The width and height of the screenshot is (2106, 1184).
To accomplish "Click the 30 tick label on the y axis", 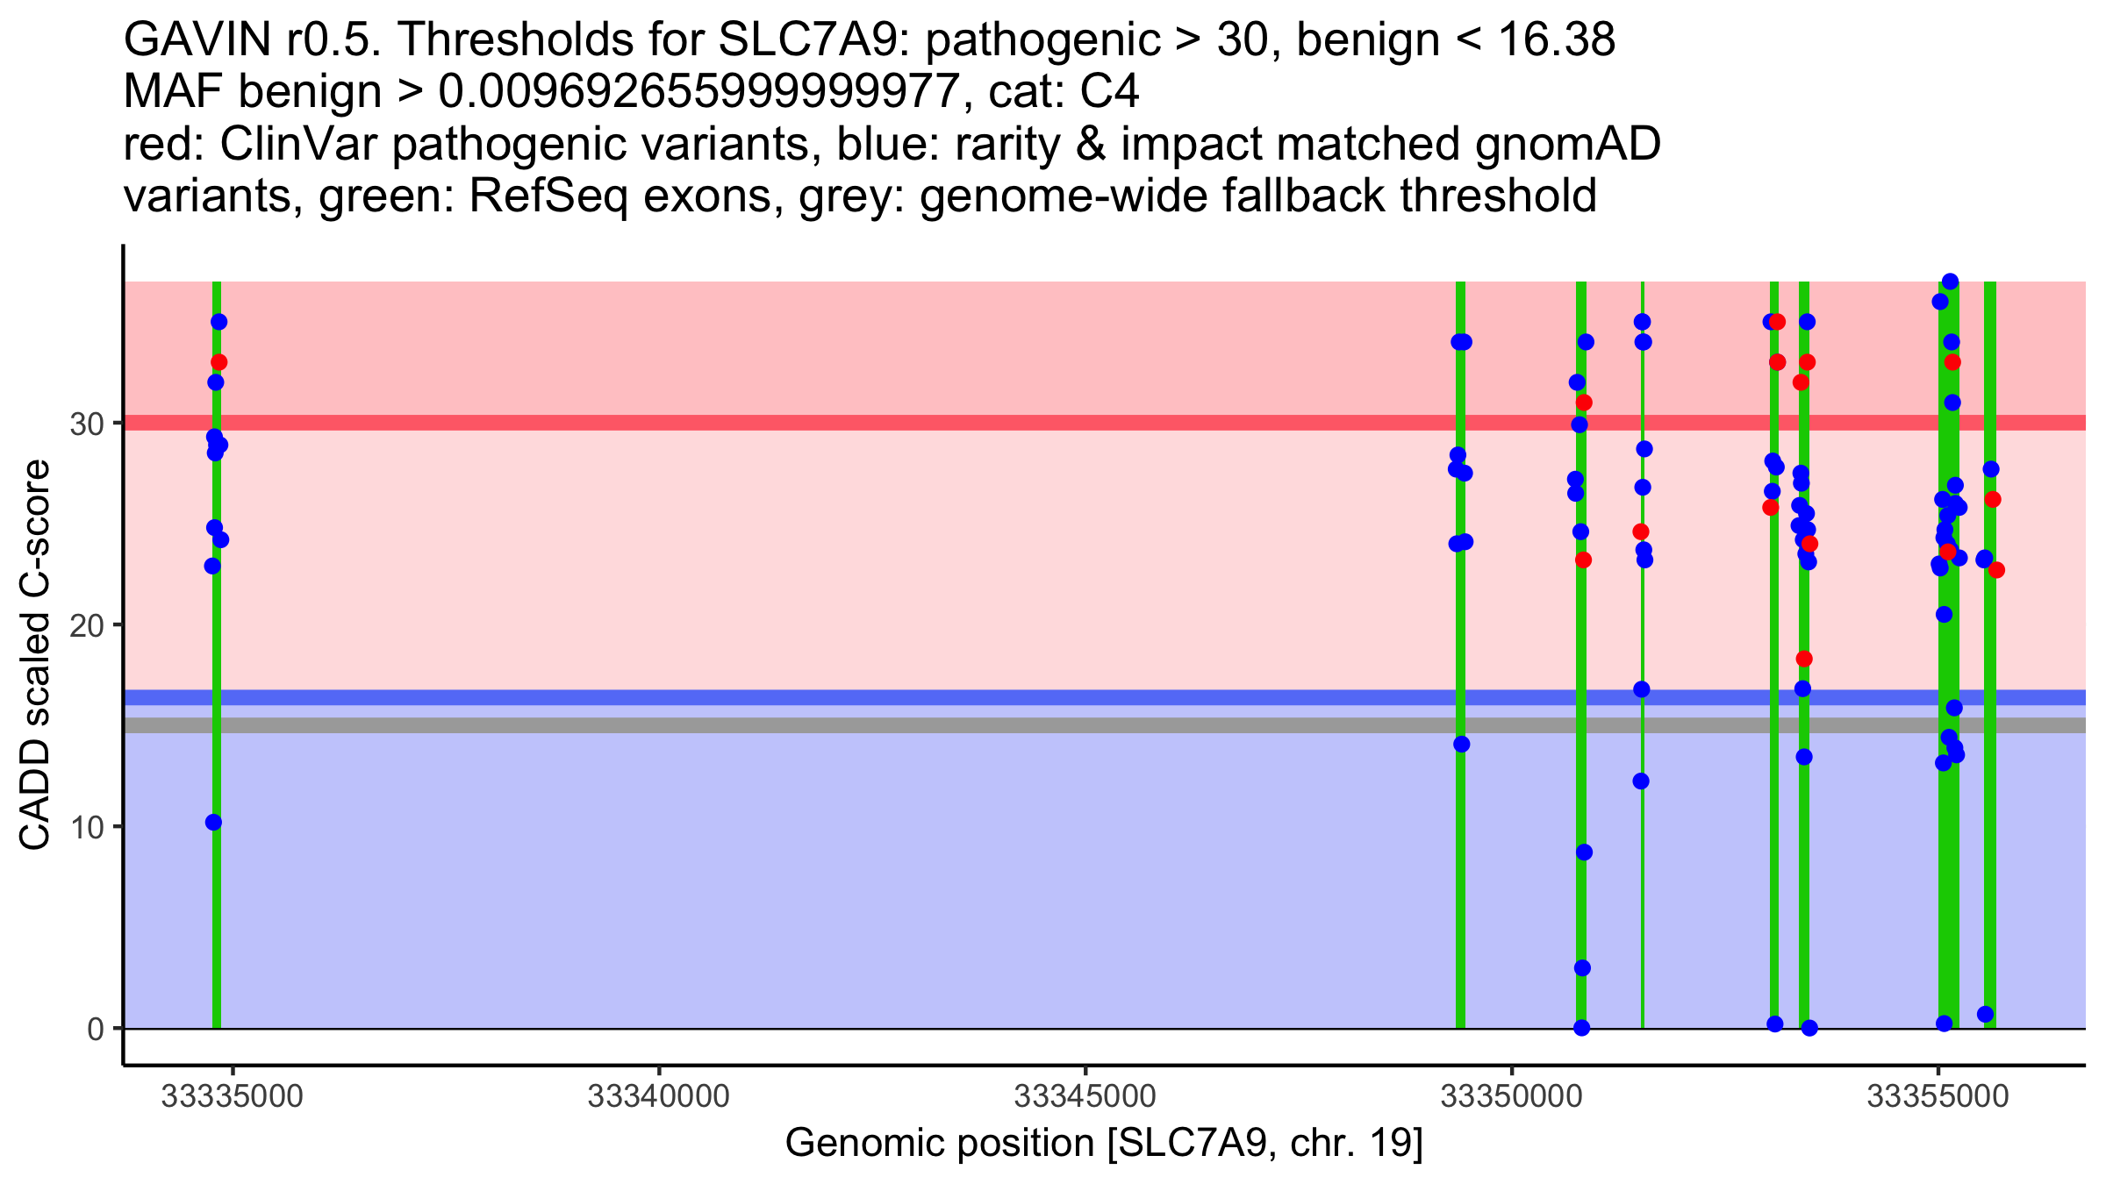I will [86, 424].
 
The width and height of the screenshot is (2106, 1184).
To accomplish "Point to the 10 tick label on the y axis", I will [86, 827].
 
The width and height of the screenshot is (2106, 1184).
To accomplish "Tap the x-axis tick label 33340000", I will [658, 1096].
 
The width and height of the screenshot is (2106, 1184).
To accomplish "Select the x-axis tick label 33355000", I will [1938, 1096].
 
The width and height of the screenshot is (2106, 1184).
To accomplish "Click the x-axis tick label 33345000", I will [1085, 1096].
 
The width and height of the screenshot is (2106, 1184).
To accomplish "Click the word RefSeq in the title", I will [548, 196].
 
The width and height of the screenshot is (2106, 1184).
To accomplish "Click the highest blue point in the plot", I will [1950, 282].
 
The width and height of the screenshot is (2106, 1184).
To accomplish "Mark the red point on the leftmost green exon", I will [219, 362].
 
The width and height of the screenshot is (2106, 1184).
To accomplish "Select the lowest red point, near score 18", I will [1804, 659].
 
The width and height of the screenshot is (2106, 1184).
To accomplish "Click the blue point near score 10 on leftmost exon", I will [213, 822].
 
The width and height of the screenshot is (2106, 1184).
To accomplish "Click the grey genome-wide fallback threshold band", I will [877, 725].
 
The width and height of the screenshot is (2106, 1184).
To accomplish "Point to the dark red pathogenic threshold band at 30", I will [877, 423].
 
